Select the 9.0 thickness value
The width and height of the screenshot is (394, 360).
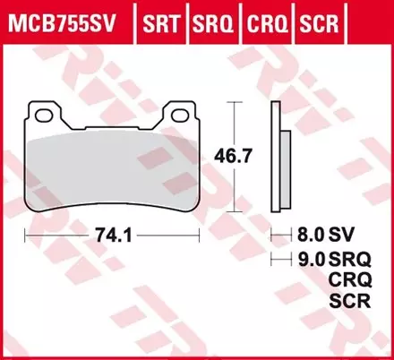click(x=307, y=260)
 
